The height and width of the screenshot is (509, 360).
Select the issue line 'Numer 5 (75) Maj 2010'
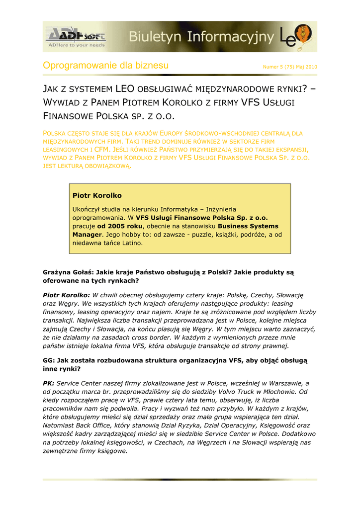(290, 67)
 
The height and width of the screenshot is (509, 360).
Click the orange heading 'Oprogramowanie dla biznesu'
(106, 66)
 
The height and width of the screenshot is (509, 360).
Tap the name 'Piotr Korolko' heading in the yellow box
(97, 196)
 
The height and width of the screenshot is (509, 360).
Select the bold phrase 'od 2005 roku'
(122, 226)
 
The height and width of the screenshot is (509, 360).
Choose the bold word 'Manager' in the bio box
(87, 234)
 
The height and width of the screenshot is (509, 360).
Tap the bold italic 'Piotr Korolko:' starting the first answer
(67, 295)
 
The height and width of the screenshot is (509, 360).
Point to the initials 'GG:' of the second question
(49, 361)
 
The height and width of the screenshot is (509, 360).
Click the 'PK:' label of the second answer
(49, 383)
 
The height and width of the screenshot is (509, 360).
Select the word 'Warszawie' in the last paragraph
(285, 383)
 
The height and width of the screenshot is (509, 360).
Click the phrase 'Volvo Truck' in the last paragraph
(237, 392)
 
